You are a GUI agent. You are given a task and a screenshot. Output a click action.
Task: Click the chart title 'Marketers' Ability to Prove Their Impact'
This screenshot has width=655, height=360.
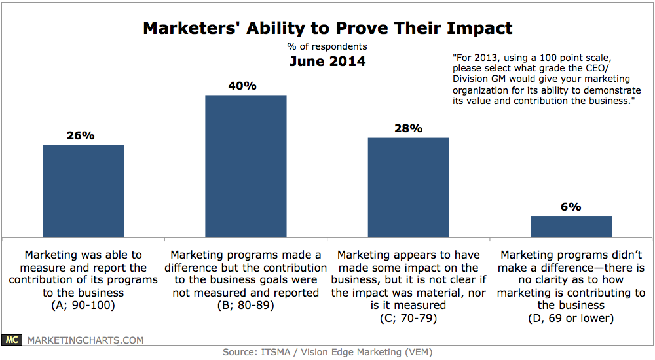(327, 29)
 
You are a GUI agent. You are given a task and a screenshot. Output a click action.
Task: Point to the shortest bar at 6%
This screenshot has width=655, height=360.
(571, 226)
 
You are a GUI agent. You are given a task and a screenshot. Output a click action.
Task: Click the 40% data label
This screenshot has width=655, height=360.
(246, 86)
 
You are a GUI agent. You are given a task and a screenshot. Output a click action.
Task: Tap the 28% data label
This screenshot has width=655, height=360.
(408, 128)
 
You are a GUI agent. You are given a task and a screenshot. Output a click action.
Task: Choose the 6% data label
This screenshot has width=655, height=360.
(571, 207)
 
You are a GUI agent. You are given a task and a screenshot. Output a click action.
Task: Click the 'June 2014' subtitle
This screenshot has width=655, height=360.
(327, 62)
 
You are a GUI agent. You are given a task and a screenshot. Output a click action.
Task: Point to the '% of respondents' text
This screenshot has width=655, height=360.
(327, 46)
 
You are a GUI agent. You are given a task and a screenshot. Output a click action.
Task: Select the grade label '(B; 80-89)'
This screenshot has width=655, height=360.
(246, 305)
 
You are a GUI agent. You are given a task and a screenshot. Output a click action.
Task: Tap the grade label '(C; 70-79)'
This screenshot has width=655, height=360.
(408, 317)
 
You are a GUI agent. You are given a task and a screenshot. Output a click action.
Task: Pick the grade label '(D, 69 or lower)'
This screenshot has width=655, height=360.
(571, 317)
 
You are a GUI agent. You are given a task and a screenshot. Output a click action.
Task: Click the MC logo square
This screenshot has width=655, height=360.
(12, 340)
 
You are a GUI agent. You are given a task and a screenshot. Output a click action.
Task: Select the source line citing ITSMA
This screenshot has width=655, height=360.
(327, 352)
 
